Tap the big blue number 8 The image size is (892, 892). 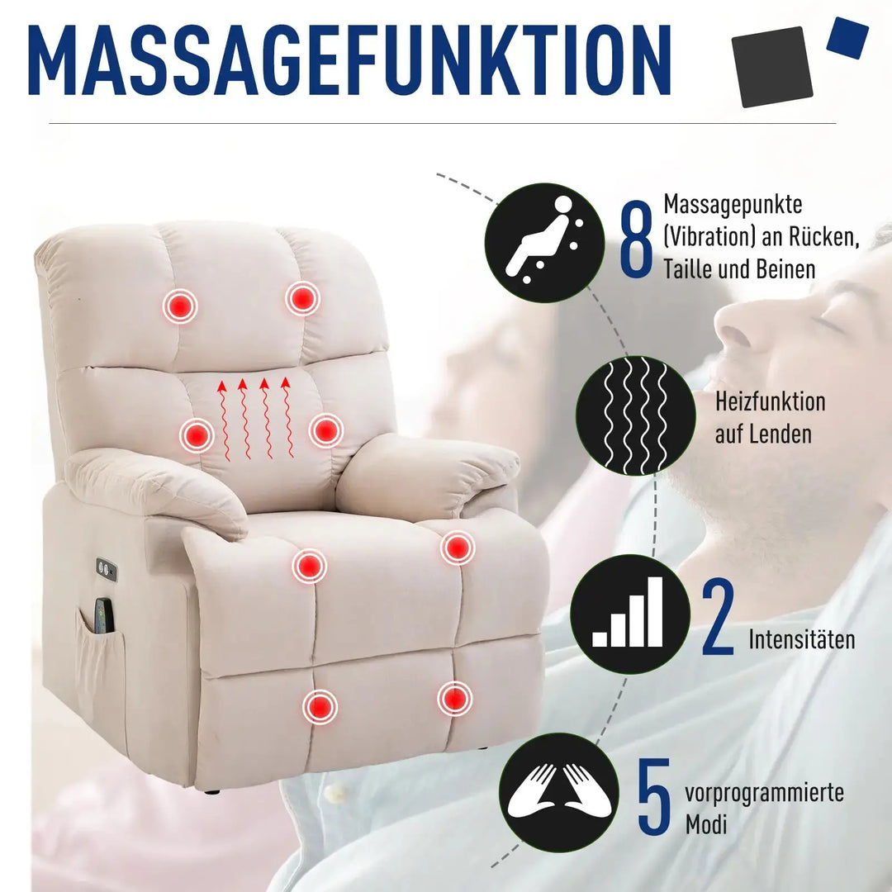(636, 238)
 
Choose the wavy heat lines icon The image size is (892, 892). (634, 415)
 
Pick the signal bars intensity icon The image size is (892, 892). (629, 614)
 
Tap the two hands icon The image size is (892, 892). (559, 793)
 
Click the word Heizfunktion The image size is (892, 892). (770, 402)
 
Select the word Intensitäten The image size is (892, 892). (802, 639)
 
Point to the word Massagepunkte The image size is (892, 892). (733, 204)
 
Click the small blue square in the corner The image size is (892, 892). (847, 38)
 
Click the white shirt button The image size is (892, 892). (335, 794)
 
